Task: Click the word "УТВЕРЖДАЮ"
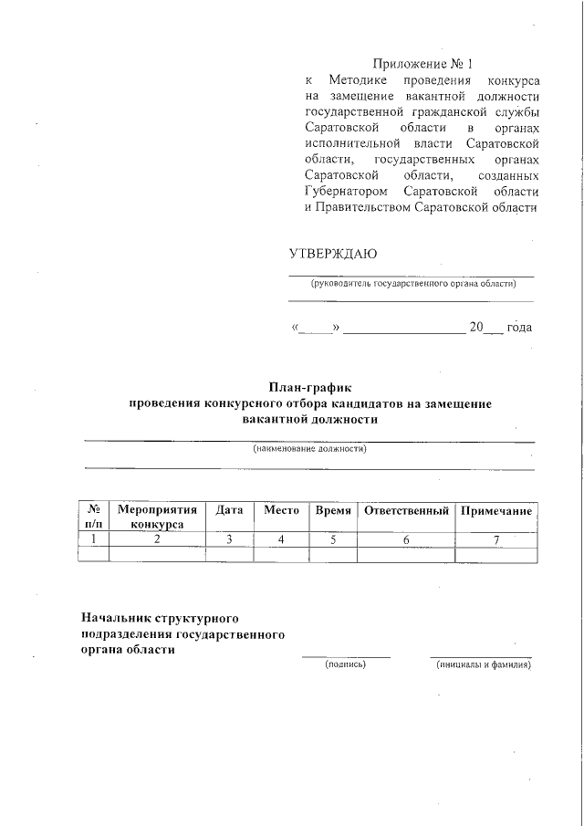[x=332, y=253]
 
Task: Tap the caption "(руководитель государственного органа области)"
[x=412, y=284]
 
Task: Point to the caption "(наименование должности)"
[x=309, y=450]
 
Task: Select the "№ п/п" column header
[x=93, y=518]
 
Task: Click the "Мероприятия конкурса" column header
[x=157, y=518]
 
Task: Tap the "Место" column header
[x=281, y=511]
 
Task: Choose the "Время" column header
[x=333, y=511]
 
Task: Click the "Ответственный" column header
[x=406, y=511]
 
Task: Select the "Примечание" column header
[x=495, y=511]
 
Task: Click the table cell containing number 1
[x=93, y=539]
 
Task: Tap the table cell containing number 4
[x=281, y=539]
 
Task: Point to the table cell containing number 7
[x=495, y=539]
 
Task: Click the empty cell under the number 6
[x=406, y=554]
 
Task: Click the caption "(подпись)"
[x=346, y=664]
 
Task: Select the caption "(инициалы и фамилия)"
[x=483, y=664]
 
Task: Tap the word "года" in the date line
[x=519, y=327]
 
